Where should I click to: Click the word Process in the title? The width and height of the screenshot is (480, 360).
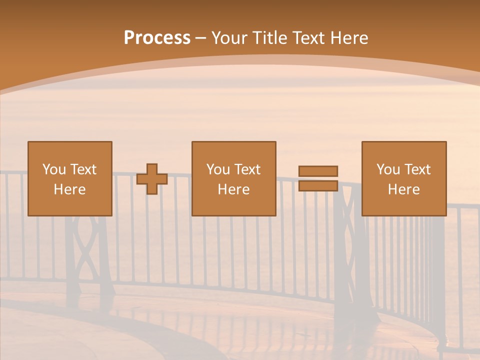click(157, 38)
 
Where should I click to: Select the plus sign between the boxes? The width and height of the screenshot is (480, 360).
click(152, 179)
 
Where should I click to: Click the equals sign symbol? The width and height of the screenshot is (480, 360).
click(318, 178)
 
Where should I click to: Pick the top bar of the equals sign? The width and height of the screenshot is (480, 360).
click(318, 171)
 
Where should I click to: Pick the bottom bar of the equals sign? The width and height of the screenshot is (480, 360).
click(318, 186)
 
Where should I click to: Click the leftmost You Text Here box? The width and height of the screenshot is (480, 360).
click(69, 179)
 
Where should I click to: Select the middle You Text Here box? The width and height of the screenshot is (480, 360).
click(233, 179)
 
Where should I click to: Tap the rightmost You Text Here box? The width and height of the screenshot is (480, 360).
click(403, 179)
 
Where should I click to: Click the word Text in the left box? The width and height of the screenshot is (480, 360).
click(83, 169)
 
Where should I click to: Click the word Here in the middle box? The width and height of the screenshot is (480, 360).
click(233, 189)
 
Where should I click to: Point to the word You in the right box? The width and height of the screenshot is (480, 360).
click(388, 169)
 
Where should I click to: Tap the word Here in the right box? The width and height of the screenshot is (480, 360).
click(403, 189)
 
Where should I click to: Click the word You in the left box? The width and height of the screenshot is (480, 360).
click(54, 169)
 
